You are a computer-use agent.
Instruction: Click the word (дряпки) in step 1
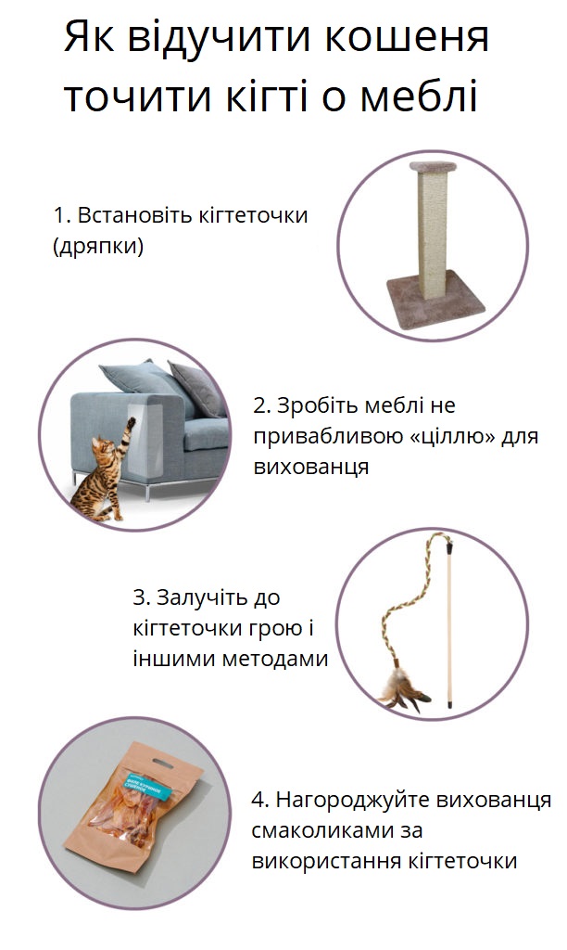(98, 248)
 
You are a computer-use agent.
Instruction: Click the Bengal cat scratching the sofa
(103, 469)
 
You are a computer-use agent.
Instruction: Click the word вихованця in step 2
(311, 467)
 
